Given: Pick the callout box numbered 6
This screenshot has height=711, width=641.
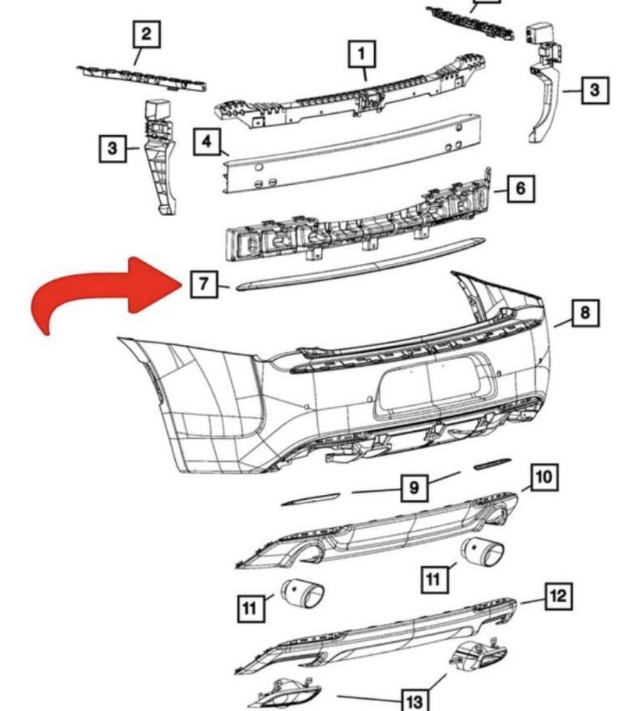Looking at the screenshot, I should click(x=521, y=188).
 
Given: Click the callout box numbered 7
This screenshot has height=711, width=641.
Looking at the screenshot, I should click(x=203, y=284).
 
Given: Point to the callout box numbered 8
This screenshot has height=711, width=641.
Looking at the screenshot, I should click(x=585, y=312).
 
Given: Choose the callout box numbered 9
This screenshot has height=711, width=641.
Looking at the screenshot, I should click(x=414, y=488).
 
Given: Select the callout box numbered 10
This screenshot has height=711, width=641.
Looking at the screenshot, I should click(x=542, y=476).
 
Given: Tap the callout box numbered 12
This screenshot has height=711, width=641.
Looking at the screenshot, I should click(x=558, y=596).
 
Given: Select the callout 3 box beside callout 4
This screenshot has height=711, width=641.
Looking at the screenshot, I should click(x=112, y=149).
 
